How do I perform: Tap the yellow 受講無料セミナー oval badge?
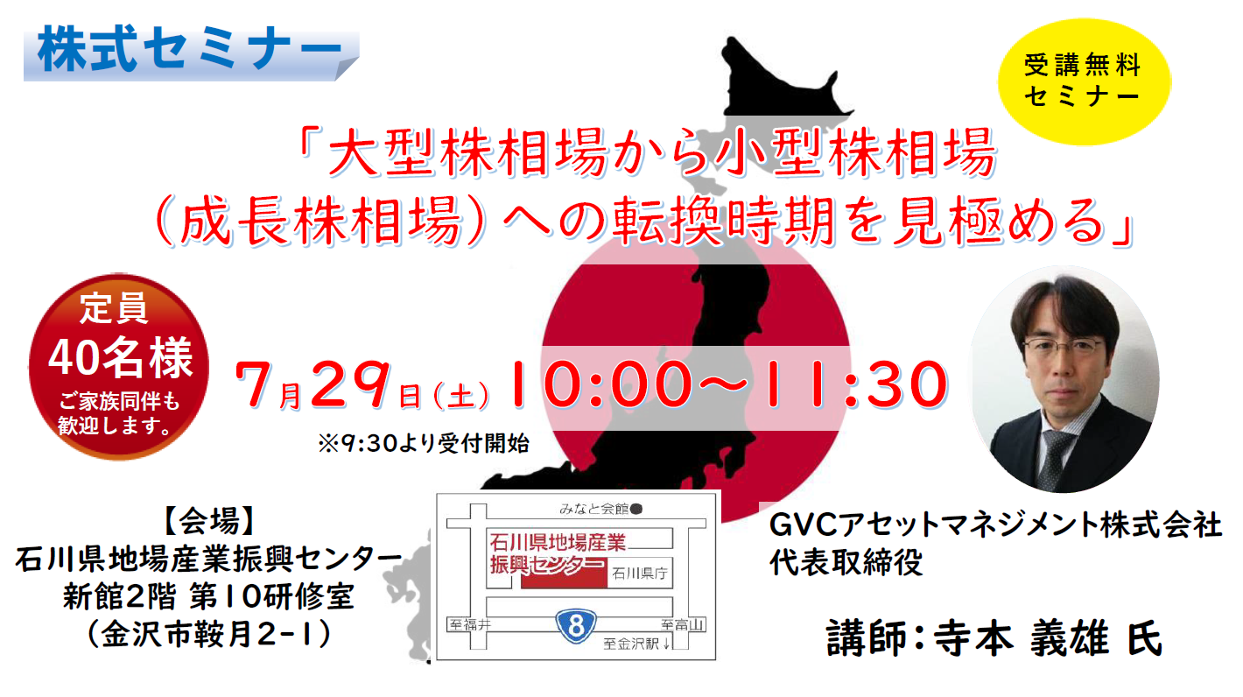(x=1085, y=81)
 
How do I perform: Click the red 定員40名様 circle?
(x=119, y=366)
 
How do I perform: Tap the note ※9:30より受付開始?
(x=424, y=443)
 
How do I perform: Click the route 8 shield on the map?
(x=576, y=625)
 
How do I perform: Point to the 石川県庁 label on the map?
(x=639, y=573)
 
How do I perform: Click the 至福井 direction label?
(x=470, y=625)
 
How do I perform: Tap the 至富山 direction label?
(x=682, y=625)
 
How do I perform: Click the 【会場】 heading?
(x=209, y=521)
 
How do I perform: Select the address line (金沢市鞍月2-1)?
(x=209, y=634)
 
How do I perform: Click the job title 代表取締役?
(x=846, y=562)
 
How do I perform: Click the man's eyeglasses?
(x=1060, y=348)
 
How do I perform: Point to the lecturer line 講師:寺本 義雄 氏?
(x=994, y=638)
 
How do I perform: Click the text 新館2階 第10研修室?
(x=208, y=597)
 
